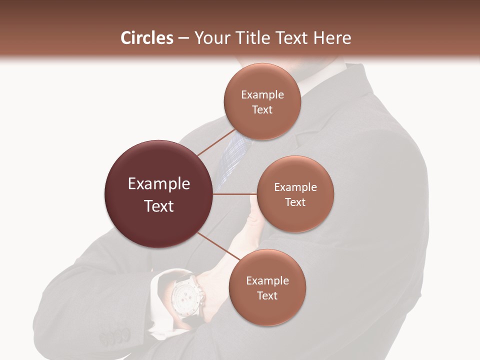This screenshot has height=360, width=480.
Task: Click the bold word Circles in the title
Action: (146, 38)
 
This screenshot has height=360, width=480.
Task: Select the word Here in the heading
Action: (332, 38)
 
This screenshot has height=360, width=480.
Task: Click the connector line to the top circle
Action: (216, 142)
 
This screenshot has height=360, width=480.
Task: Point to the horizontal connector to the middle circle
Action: (235, 194)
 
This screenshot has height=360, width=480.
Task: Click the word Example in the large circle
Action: (158, 184)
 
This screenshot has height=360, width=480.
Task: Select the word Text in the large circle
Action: (158, 206)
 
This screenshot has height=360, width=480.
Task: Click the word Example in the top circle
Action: (262, 95)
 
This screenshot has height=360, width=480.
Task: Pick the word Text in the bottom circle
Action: (267, 295)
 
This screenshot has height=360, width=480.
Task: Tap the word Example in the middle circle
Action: (295, 187)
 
